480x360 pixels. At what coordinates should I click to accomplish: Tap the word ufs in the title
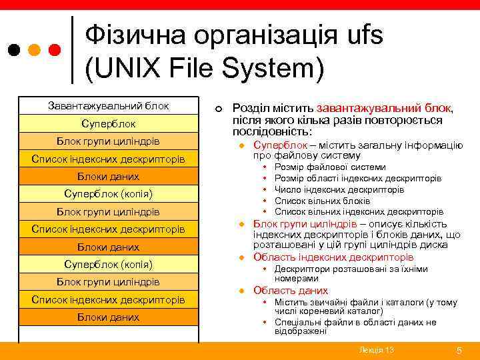pos(360,35)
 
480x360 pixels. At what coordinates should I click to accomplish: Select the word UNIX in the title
pos(123,67)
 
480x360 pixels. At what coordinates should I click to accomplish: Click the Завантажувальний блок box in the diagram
pos(109,106)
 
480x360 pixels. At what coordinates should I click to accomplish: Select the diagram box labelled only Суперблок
pos(109,124)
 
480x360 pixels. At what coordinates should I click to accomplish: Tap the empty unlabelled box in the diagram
pos(109,333)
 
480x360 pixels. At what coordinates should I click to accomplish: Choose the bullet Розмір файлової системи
pos(329,167)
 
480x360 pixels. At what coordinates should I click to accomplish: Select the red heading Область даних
pos(291,291)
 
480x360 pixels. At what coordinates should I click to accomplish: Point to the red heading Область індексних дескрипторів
pos(333,257)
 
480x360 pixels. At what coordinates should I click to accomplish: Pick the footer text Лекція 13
pos(376,350)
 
